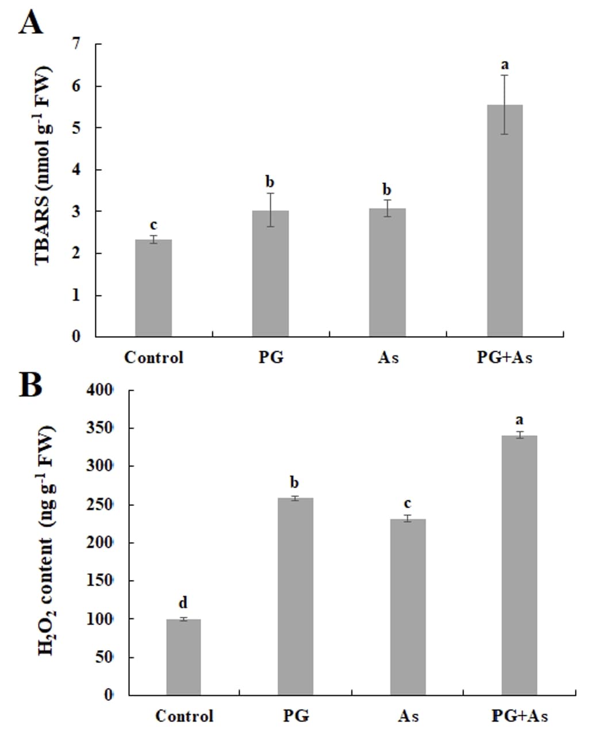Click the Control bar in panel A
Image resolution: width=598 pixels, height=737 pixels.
[x=154, y=287]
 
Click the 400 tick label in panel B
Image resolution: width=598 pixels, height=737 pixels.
[x=100, y=390]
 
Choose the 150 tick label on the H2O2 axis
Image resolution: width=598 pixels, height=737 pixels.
[x=100, y=581]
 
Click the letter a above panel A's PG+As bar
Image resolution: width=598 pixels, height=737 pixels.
[x=505, y=64]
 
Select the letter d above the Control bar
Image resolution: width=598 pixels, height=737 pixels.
[x=183, y=602]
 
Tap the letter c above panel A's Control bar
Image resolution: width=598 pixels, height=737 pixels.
[x=154, y=225]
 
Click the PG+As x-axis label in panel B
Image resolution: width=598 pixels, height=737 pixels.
[x=519, y=716]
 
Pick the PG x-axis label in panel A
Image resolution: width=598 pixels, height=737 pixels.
[x=270, y=358]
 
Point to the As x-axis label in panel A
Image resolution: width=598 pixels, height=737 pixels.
[x=388, y=358]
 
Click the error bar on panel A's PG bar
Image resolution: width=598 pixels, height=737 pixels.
[x=270, y=210]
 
